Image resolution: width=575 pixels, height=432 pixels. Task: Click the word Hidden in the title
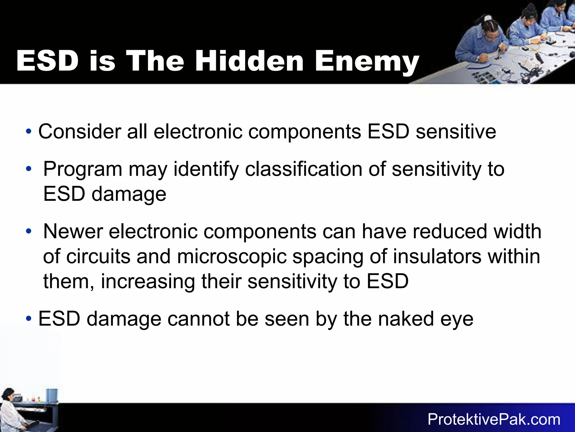click(249, 61)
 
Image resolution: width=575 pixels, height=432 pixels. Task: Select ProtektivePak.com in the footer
click(494, 419)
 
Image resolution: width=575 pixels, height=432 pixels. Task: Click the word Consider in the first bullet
click(79, 131)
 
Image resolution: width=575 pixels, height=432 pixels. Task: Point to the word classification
click(304, 169)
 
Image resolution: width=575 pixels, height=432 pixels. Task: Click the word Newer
click(73, 231)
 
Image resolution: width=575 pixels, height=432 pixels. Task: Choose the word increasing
click(148, 282)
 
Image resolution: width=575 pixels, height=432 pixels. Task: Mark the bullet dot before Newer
click(29, 231)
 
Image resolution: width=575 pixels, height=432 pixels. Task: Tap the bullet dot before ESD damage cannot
click(29, 319)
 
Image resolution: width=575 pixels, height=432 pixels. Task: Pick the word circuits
click(98, 256)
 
